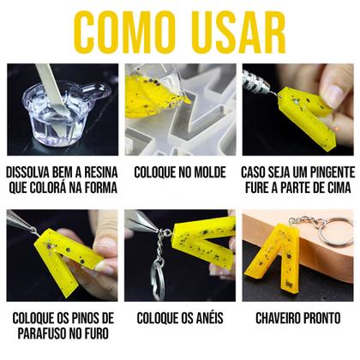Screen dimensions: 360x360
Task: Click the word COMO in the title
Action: [x=126, y=33]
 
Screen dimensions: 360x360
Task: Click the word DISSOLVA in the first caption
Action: [x=33, y=170]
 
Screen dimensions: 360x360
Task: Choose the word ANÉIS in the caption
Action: [x=208, y=318]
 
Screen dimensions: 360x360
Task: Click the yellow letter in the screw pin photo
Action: [x=51, y=258]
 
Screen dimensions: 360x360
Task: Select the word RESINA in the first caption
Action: [x=102, y=170]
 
